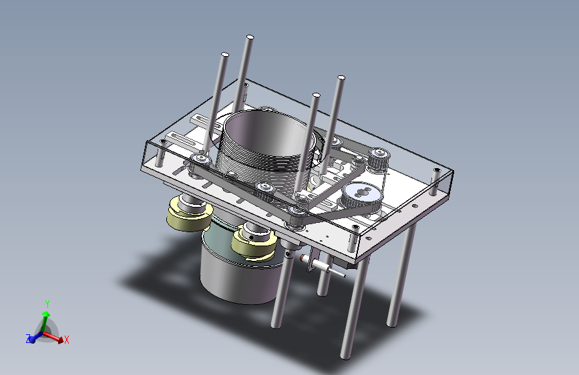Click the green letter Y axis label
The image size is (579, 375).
47,304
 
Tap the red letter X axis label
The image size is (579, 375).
67,340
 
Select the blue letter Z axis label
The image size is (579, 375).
28,338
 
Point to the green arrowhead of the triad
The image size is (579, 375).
46,314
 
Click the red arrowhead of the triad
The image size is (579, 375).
60,340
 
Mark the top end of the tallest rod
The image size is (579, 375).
250,37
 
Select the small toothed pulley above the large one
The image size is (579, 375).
378,158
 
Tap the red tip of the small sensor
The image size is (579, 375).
302,258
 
